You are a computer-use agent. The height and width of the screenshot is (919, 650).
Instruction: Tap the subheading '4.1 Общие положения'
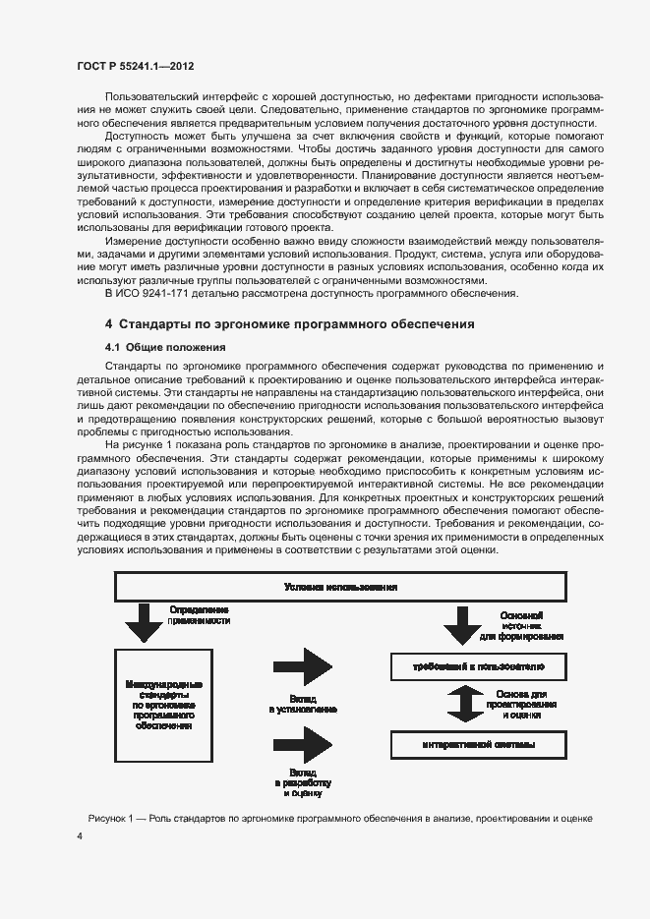(x=165, y=347)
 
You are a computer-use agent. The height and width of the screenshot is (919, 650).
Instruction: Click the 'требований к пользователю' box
(x=478, y=666)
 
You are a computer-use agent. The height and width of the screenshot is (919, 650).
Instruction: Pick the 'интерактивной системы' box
(x=478, y=744)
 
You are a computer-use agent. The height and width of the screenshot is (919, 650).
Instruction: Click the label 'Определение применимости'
(x=201, y=616)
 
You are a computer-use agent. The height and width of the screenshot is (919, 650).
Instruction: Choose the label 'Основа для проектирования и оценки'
(x=521, y=705)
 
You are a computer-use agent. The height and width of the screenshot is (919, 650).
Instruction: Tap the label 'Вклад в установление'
(x=305, y=702)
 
